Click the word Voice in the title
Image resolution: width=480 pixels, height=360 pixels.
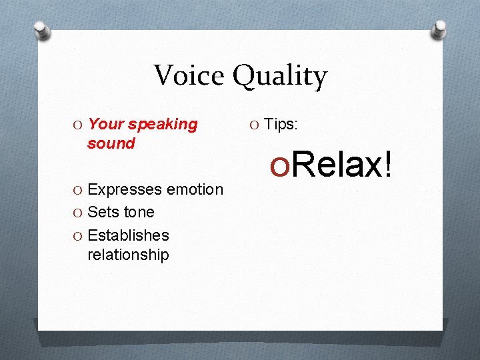coord(189,75)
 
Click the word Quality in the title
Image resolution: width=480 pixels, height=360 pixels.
coord(279,77)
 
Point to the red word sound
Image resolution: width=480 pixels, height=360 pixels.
coord(111,143)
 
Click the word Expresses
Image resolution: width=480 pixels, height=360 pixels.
coord(125,190)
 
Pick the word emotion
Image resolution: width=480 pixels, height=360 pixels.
coord(195,190)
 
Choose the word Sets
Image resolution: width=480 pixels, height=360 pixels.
coord(103,213)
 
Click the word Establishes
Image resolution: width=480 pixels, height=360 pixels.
coord(128,235)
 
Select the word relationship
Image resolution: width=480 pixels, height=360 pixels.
coord(128,255)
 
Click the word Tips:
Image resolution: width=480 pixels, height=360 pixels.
coord(282,125)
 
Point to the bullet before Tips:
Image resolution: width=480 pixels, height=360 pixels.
coord(255,125)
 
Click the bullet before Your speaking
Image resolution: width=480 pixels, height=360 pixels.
coord(79,125)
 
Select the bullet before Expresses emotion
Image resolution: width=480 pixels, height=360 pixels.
coord(79,190)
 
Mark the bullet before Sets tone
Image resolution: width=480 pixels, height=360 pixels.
coord(79,213)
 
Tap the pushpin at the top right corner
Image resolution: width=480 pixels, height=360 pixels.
coord(441,28)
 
